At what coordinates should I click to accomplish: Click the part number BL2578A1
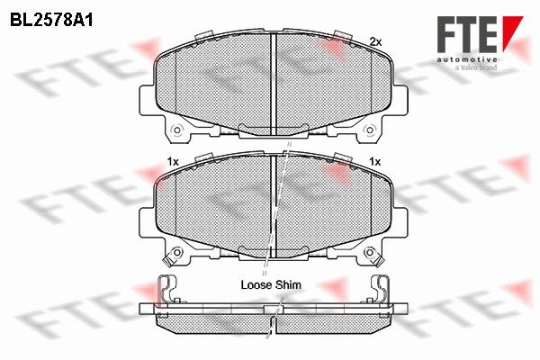point(51,20)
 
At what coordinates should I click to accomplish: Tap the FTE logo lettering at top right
point(467,34)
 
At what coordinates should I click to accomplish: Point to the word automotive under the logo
point(467,60)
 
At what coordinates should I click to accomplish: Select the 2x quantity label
point(375,42)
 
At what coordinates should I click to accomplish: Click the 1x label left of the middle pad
point(173,162)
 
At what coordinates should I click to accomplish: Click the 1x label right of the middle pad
point(374,161)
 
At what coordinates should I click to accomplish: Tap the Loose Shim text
point(271,285)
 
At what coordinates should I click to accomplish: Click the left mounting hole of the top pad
point(177,130)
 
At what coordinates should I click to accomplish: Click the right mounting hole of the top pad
point(369,130)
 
